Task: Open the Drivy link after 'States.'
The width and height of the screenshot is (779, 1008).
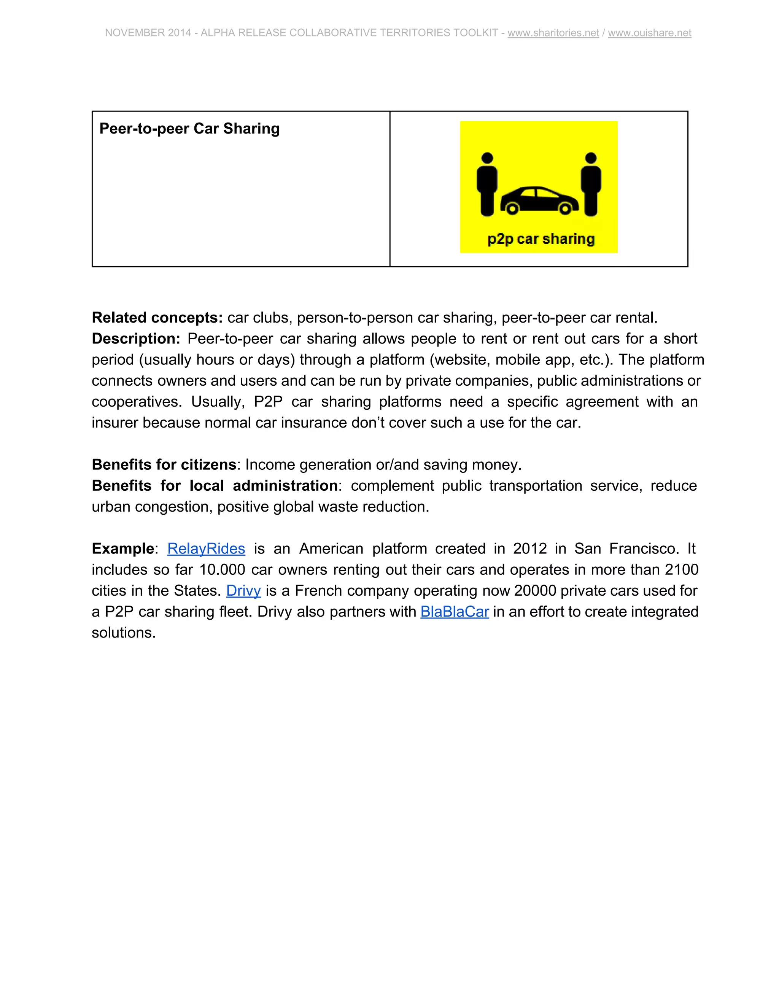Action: pyautogui.click(x=243, y=590)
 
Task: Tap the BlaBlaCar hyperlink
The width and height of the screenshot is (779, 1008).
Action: pyautogui.click(x=455, y=612)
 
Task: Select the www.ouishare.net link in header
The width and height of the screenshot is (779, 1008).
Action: pyautogui.click(x=649, y=33)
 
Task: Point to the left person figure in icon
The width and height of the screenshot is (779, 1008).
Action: pyautogui.click(x=487, y=184)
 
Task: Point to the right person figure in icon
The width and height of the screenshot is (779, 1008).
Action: pyautogui.click(x=591, y=184)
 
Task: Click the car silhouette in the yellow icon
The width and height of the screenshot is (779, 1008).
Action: pyautogui.click(x=539, y=200)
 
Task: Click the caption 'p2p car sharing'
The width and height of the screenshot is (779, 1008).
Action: pyautogui.click(x=541, y=239)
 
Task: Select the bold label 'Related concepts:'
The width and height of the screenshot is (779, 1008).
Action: pyautogui.click(x=157, y=318)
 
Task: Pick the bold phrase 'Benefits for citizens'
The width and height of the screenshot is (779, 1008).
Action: pyautogui.click(x=164, y=464)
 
